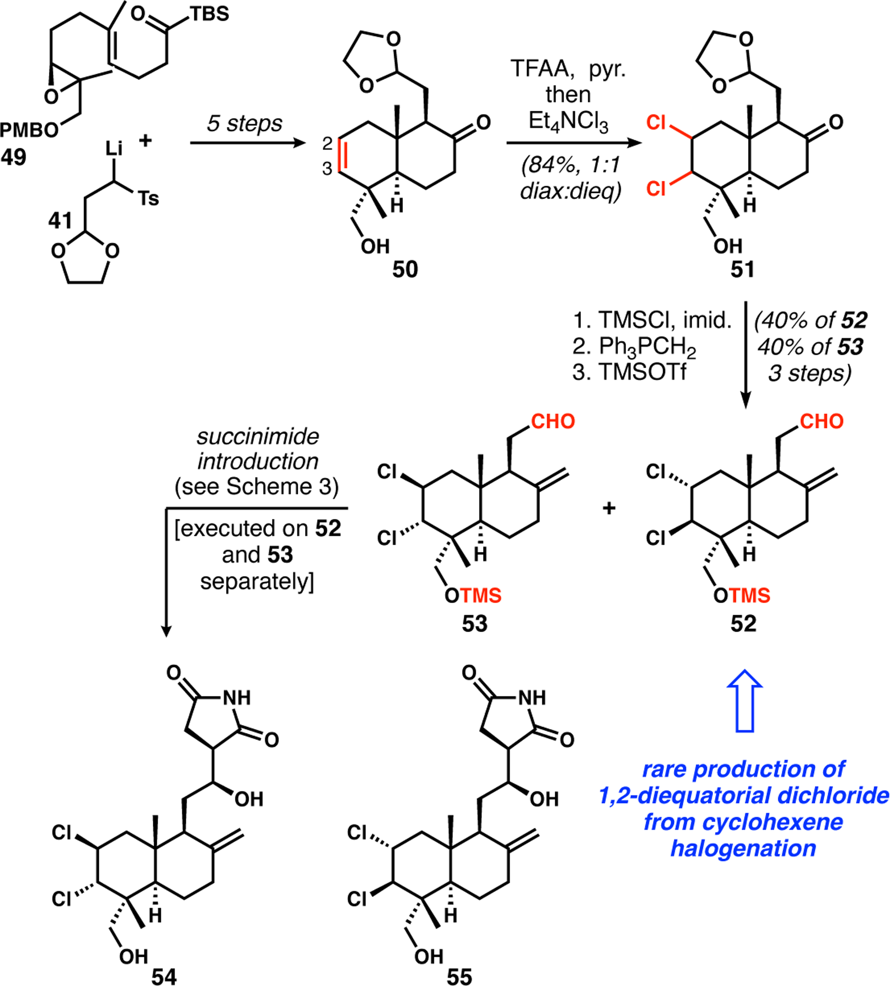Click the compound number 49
point(13,157)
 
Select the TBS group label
point(210,14)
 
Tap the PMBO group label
point(29,130)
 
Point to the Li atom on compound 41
point(114,148)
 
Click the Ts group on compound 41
point(148,199)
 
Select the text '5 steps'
point(244,124)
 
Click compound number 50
point(405,269)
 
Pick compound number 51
point(743,269)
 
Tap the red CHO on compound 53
point(553,422)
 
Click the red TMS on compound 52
point(751,595)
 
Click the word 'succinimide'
point(258,436)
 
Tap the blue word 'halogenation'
point(743,849)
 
